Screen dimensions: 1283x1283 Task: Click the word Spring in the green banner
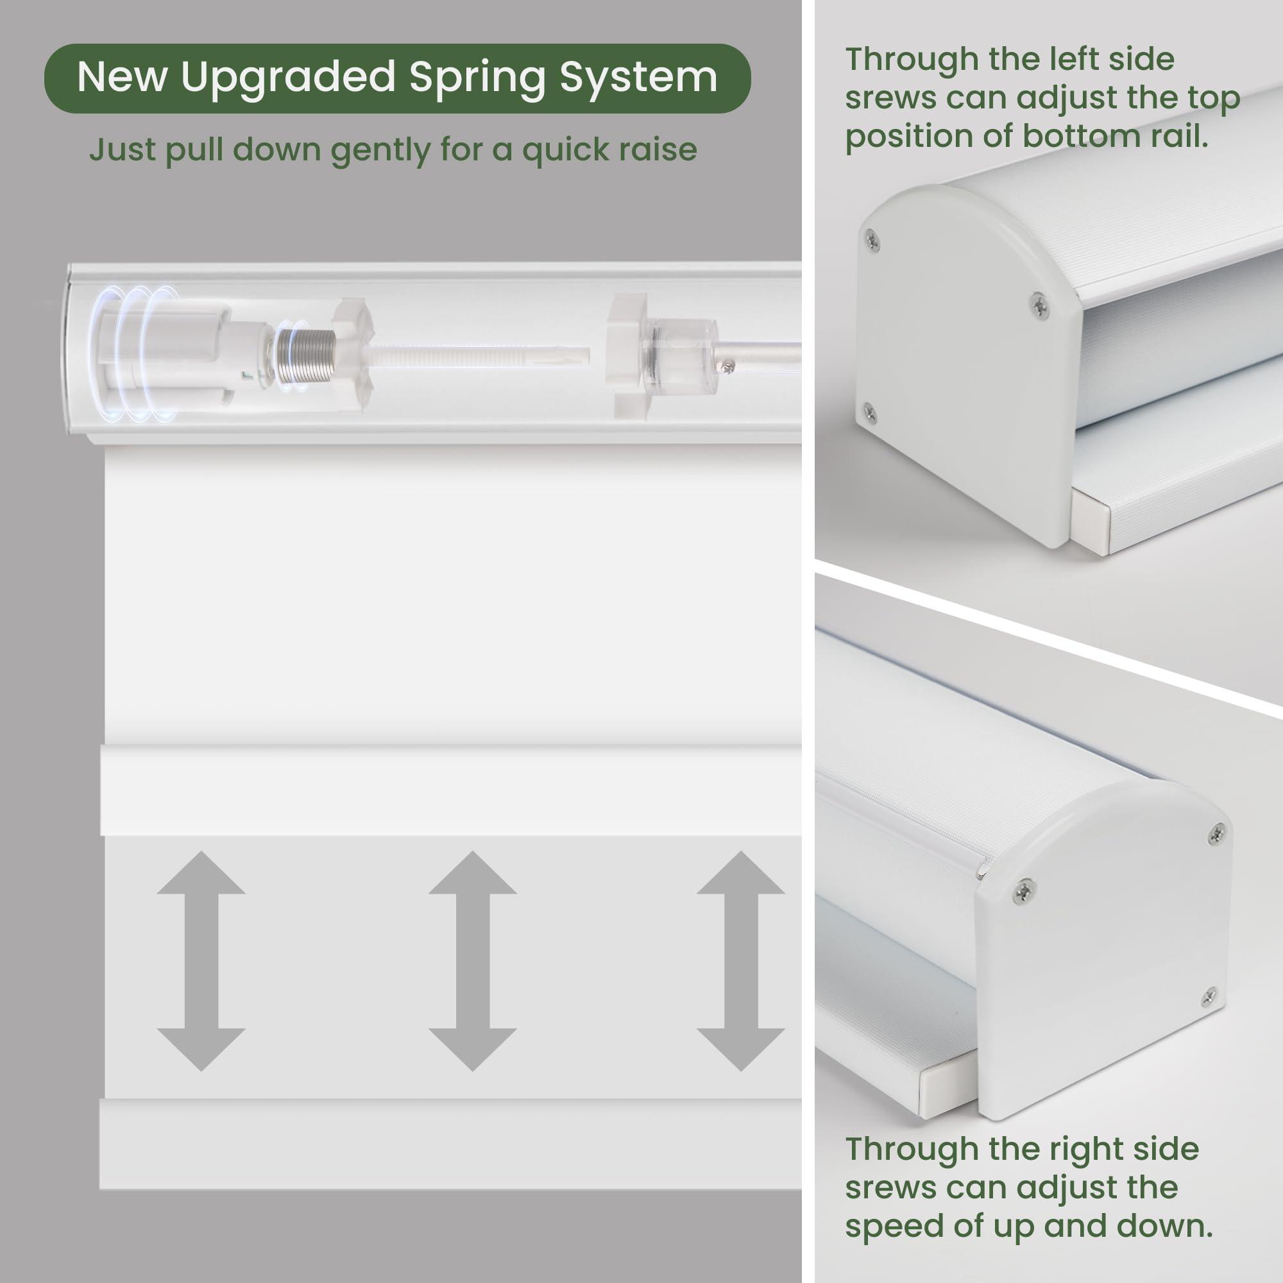479,78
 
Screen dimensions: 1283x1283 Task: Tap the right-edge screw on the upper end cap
1039,304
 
